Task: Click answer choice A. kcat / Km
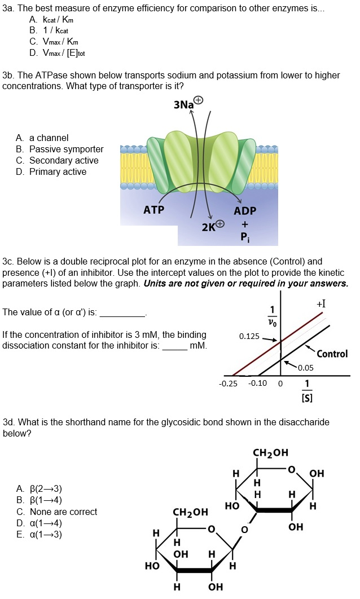point(51,19)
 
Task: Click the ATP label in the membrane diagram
point(153,210)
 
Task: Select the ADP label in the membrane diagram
point(245,210)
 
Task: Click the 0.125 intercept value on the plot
point(249,337)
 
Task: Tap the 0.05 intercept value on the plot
point(306,368)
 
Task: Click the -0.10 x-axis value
point(258,384)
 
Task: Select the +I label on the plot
point(321,305)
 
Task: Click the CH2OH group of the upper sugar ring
point(270,452)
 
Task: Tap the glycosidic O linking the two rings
point(244,530)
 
